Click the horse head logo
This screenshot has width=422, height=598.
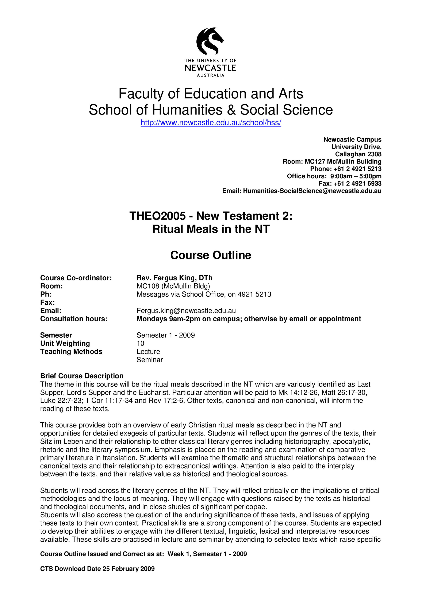point(210,41)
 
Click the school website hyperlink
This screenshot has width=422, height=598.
point(211,123)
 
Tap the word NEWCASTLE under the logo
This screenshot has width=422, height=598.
point(210,68)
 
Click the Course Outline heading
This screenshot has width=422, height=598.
point(211,255)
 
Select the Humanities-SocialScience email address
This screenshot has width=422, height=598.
point(312,191)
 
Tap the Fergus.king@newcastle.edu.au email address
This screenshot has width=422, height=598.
point(186,311)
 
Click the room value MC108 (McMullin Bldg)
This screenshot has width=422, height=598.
point(173,286)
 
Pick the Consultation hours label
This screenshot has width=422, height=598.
point(74,319)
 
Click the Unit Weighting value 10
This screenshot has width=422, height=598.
point(140,343)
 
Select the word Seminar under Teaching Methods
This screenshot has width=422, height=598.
point(150,360)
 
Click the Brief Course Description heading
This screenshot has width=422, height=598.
point(82,376)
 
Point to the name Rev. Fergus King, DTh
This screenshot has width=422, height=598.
point(174,278)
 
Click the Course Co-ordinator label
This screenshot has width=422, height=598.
point(76,278)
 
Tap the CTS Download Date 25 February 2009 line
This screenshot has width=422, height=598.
point(97,569)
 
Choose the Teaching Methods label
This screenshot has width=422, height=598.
point(71,352)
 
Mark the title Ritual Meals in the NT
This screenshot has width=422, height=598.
point(211,229)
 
